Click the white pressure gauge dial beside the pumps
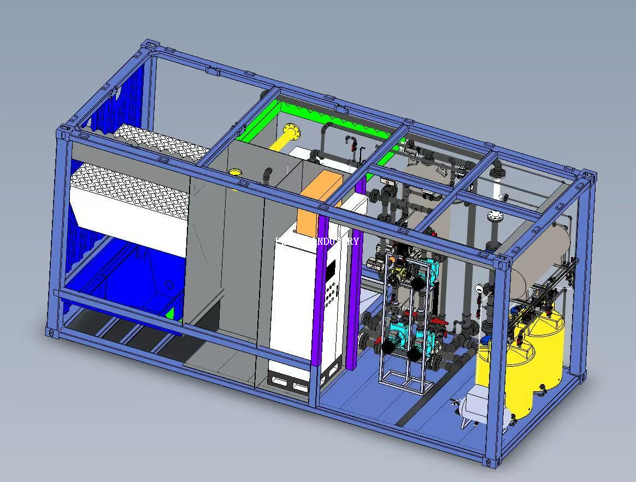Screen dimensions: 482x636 tap(479, 288)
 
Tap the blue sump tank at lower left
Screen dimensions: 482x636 tap(131, 284)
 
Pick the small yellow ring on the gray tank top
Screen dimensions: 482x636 tap(235, 173)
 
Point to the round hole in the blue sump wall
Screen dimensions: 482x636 tap(169, 285)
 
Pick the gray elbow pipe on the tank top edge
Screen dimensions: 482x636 tap(267, 174)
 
